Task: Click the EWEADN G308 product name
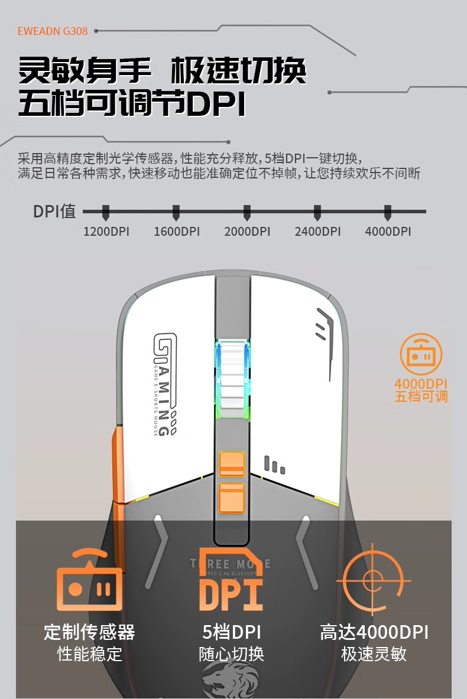53,31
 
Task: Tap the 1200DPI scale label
106,231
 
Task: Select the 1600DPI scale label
177,231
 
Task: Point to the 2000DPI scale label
247,231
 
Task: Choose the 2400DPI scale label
317,231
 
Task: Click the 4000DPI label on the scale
388,231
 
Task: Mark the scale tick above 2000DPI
247,212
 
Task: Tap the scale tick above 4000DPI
388,212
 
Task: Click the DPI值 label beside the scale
54,211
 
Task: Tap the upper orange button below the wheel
232,464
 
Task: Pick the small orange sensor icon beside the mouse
421,354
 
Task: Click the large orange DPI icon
231,582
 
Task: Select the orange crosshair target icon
374,578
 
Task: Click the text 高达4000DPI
374,632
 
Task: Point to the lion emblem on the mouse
231,680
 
